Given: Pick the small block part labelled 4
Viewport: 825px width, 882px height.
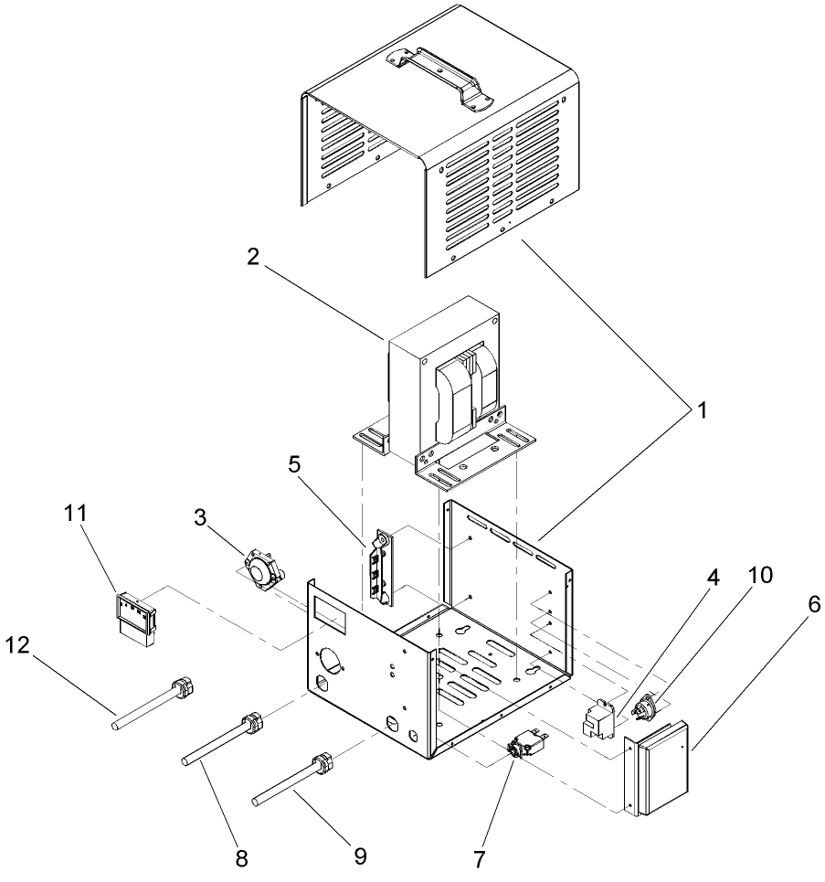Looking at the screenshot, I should coord(598,718).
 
